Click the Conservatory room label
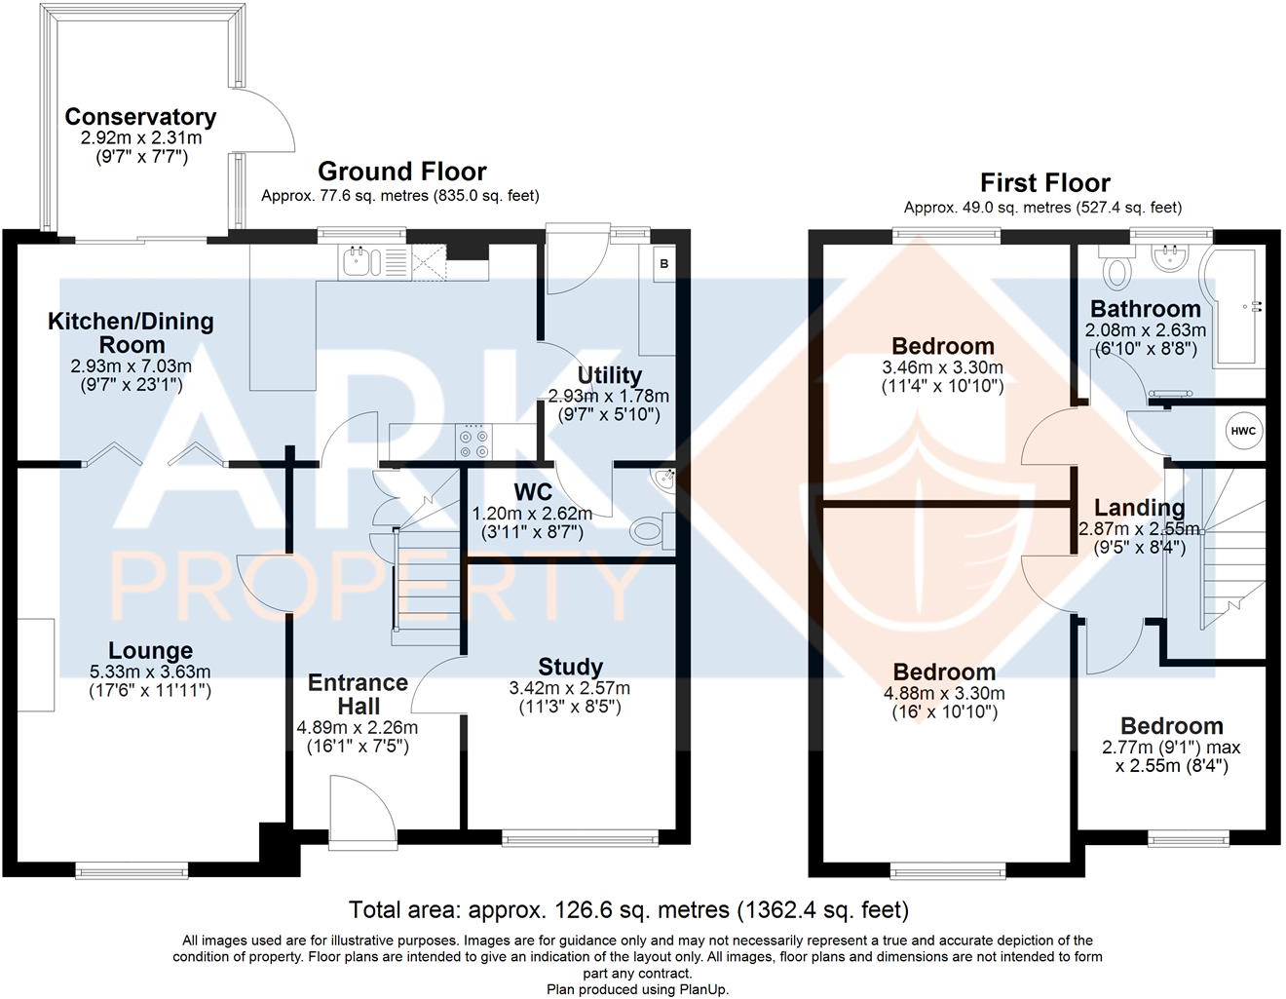(x=140, y=117)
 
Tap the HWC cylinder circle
(x=1243, y=432)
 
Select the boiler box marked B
(x=663, y=264)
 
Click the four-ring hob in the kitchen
(x=473, y=440)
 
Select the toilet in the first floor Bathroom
(x=1116, y=262)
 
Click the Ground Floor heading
(x=401, y=172)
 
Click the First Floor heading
(x=1044, y=183)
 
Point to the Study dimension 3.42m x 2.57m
(x=569, y=688)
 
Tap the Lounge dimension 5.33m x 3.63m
(x=150, y=672)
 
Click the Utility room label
(x=609, y=375)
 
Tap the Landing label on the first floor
(x=1139, y=508)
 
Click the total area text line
(x=628, y=910)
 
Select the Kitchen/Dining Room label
(x=131, y=332)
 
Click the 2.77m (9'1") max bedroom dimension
(x=1171, y=748)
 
